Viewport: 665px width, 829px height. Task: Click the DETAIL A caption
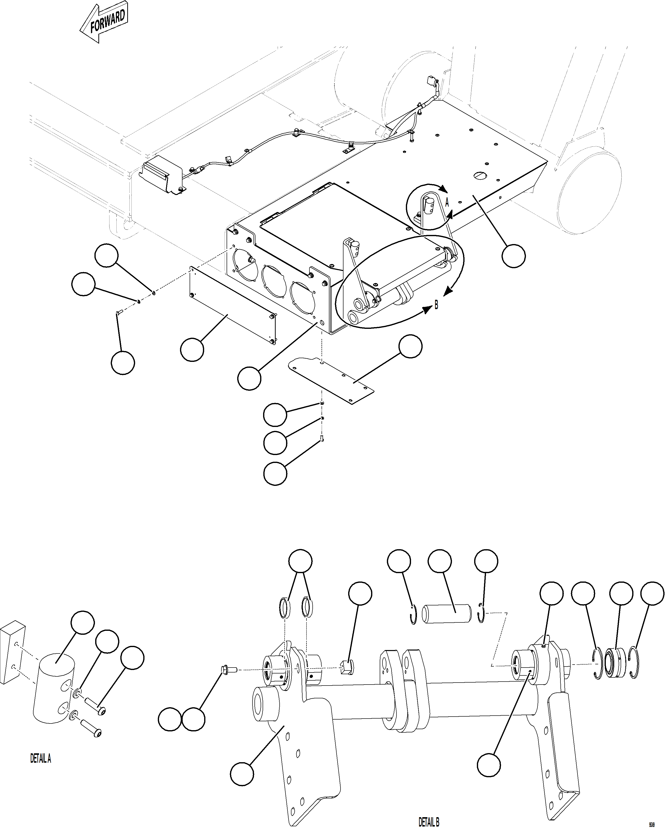pyautogui.click(x=41, y=759)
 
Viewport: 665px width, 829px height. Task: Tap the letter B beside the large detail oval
pyautogui.click(x=436, y=306)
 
